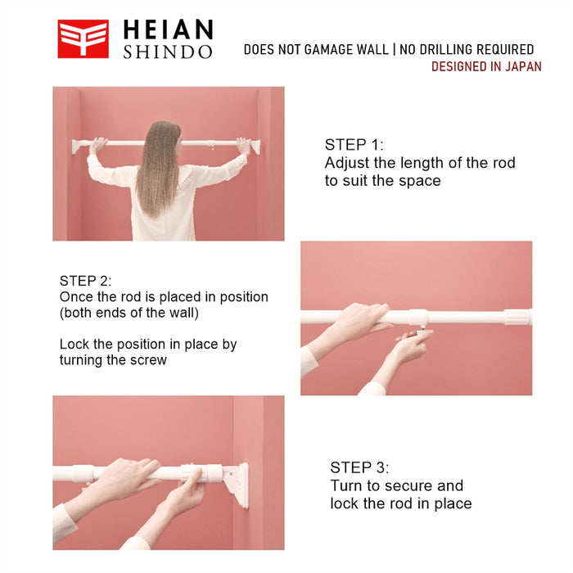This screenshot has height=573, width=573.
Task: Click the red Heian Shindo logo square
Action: (83, 38)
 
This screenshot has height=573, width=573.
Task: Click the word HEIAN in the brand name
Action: (168, 29)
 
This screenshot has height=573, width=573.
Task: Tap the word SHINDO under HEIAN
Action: (168, 52)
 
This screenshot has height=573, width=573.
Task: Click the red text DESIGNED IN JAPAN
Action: (486, 66)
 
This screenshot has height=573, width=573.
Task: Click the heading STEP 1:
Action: (354, 145)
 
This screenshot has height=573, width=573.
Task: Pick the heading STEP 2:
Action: (85, 281)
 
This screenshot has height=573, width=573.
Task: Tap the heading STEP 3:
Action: (359, 467)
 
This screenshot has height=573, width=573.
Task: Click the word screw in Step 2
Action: (148, 360)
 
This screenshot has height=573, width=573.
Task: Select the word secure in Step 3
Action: (408, 485)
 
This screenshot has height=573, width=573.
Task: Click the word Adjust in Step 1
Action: (347, 163)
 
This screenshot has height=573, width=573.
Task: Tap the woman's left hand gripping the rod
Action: (97, 146)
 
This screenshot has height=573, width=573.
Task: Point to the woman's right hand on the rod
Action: (243, 146)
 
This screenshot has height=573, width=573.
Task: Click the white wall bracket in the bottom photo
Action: (237, 485)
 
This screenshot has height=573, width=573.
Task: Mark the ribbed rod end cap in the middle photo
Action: (518, 317)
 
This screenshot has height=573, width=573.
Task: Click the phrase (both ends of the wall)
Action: (129, 313)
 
